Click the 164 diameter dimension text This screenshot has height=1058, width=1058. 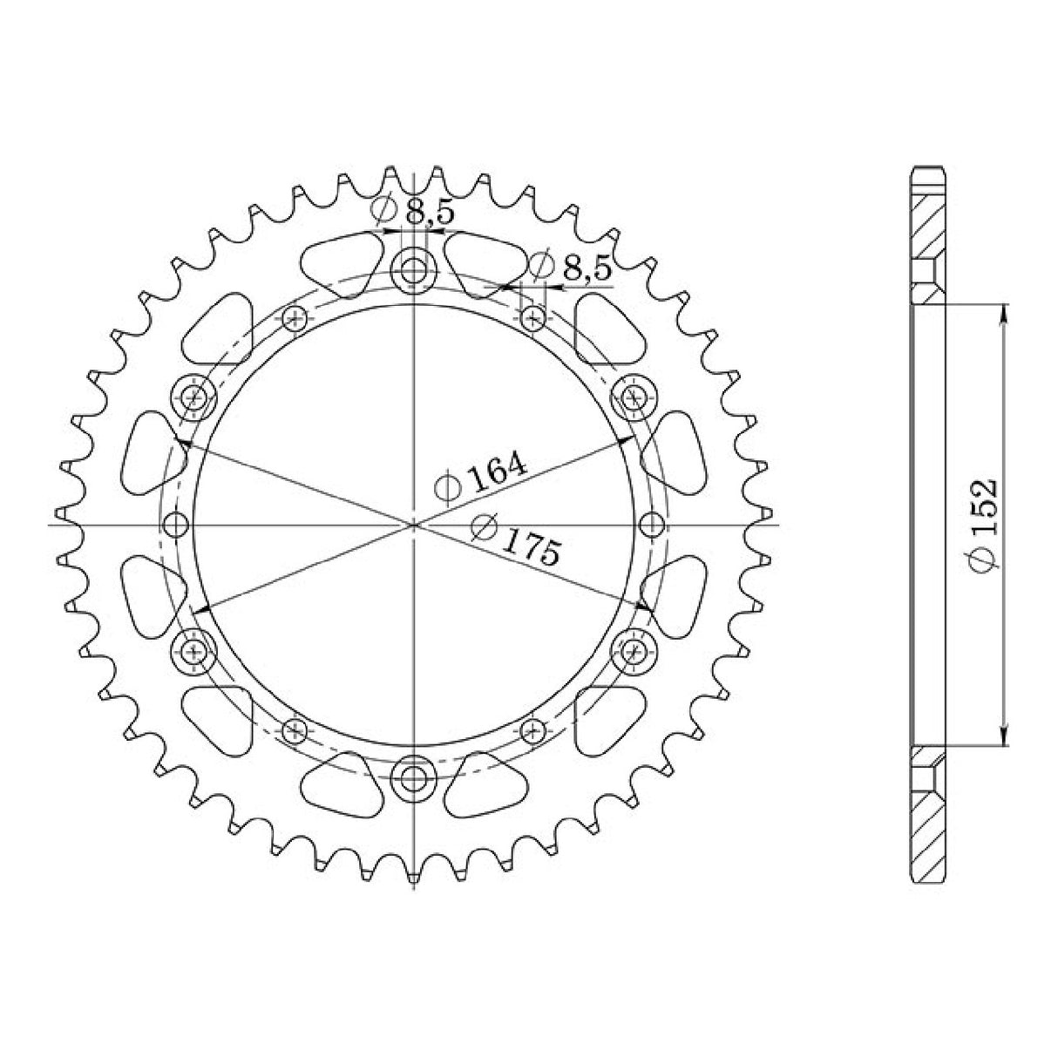(498, 472)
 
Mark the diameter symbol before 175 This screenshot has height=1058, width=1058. (483, 527)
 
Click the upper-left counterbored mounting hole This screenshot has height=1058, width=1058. (193, 397)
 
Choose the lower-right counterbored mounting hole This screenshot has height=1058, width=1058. (634, 648)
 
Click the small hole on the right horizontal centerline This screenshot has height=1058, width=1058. (652, 525)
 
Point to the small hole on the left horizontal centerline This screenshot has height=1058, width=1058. (177, 525)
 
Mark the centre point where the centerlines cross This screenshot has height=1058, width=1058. (414, 525)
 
